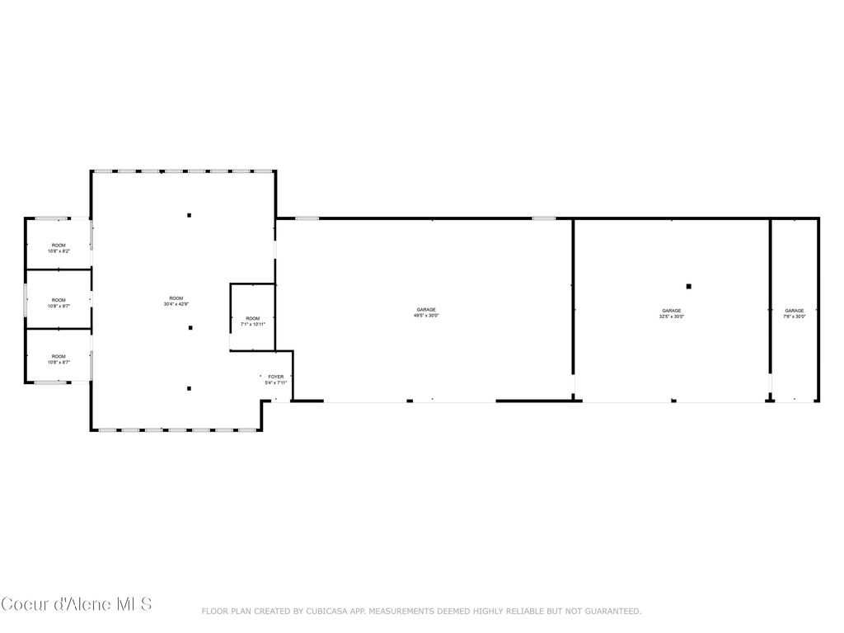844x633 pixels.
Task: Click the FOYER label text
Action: click(x=275, y=377)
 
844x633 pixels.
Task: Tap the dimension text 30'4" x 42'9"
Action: click(x=176, y=304)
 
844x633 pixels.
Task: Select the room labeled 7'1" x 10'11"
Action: click(x=252, y=321)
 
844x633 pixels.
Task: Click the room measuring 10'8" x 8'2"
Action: click(x=59, y=247)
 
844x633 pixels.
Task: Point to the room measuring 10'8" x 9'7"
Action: click(x=59, y=302)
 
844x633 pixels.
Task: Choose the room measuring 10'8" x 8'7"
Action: click(x=59, y=359)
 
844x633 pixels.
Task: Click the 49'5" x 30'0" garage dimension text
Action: click(x=426, y=316)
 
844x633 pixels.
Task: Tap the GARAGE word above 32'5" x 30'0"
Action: click(x=672, y=311)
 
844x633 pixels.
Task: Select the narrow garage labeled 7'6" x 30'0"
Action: click(x=795, y=313)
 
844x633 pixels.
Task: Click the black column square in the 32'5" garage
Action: click(x=689, y=286)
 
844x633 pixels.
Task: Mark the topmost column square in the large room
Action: click(x=189, y=215)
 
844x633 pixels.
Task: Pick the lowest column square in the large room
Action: click(x=189, y=388)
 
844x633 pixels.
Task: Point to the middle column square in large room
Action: click(x=190, y=328)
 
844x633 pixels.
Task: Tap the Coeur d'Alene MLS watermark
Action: click(x=77, y=604)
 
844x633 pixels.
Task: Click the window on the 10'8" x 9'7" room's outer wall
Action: click(x=26, y=300)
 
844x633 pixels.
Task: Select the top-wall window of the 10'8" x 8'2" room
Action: click(x=51, y=218)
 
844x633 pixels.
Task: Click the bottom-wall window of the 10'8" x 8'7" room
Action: click(x=51, y=382)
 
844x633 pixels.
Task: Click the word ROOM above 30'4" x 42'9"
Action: click(x=176, y=298)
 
